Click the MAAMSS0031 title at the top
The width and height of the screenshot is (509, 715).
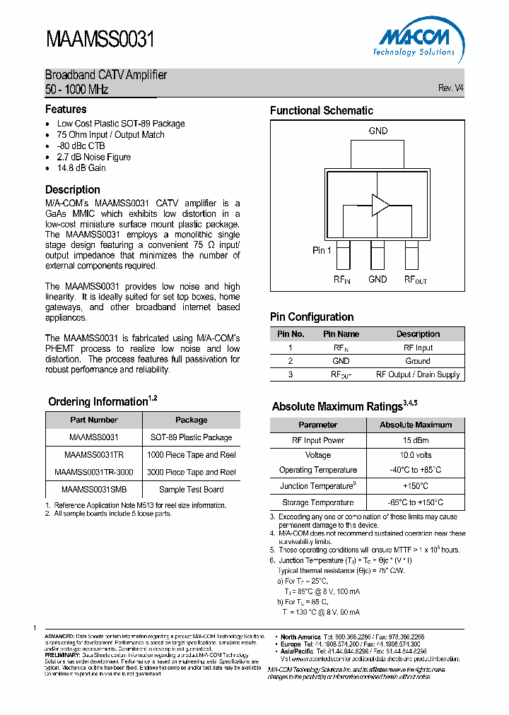100,40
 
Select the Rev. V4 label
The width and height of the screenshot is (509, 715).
450,88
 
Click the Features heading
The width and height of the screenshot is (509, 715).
66,110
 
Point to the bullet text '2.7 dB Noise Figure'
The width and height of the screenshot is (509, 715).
93,157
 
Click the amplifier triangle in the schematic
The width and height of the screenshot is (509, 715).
380,205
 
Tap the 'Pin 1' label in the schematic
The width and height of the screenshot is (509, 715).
322,251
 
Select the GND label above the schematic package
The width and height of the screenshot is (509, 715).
378,131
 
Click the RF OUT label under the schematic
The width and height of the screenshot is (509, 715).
415,280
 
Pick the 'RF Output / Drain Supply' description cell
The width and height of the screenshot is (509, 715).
418,374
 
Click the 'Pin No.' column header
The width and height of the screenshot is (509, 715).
291,334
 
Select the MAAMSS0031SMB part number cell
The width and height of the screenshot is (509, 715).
94,489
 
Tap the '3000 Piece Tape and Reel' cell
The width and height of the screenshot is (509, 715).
191,472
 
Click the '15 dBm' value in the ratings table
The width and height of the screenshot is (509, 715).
416,440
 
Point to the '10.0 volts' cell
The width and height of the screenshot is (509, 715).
416,456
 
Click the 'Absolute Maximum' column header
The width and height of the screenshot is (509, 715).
416,425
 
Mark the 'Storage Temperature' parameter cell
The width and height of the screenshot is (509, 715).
317,502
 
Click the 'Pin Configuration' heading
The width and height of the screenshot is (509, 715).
312,317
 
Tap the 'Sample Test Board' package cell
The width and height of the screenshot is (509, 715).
191,489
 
